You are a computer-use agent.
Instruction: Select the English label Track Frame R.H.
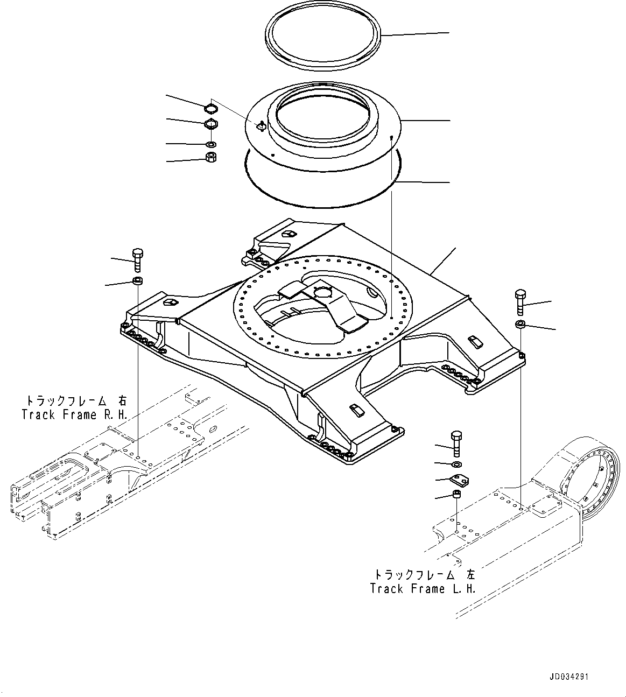(74, 414)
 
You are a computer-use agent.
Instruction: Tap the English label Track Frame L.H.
(423, 588)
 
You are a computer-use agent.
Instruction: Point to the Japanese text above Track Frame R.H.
(75, 401)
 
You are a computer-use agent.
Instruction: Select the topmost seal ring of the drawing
(325, 40)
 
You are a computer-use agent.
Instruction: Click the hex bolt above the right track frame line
(137, 260)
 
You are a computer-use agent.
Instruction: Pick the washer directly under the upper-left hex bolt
(137, 280)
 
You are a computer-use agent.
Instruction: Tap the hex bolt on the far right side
(520, 302)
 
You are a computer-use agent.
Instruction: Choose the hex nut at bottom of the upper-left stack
(212, 158)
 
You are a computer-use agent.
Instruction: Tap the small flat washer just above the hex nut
(212, 144)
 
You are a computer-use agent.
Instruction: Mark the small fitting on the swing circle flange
(261, 126)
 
